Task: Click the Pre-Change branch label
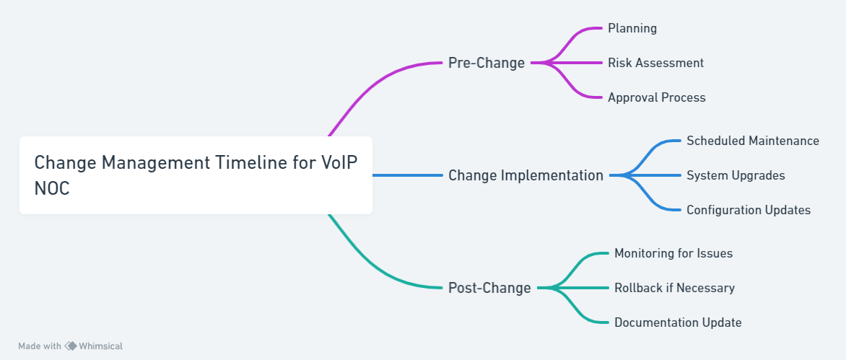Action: [x=486, y=63]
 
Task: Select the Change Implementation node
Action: [x=526, y=176]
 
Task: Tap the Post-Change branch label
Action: [x=489, y=288]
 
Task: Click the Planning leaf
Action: [x=632, y=28]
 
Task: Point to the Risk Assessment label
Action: [x=655, y=63]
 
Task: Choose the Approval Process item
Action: [x=657, y=97]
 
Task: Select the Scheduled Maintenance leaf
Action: [x=753, y=141]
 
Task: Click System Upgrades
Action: [x=736, y=176]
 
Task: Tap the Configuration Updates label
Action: [x=749, y=210]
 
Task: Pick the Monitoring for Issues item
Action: [x=673, y=253]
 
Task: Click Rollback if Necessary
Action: [x=674, y=288]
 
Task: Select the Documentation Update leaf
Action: [x=678, y=322]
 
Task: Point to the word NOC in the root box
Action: [x=52, y=188]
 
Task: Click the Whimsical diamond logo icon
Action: [x=71, y=346]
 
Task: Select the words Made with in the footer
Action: [x=40, y=346]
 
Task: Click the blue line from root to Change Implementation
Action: [x=407, y=176]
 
